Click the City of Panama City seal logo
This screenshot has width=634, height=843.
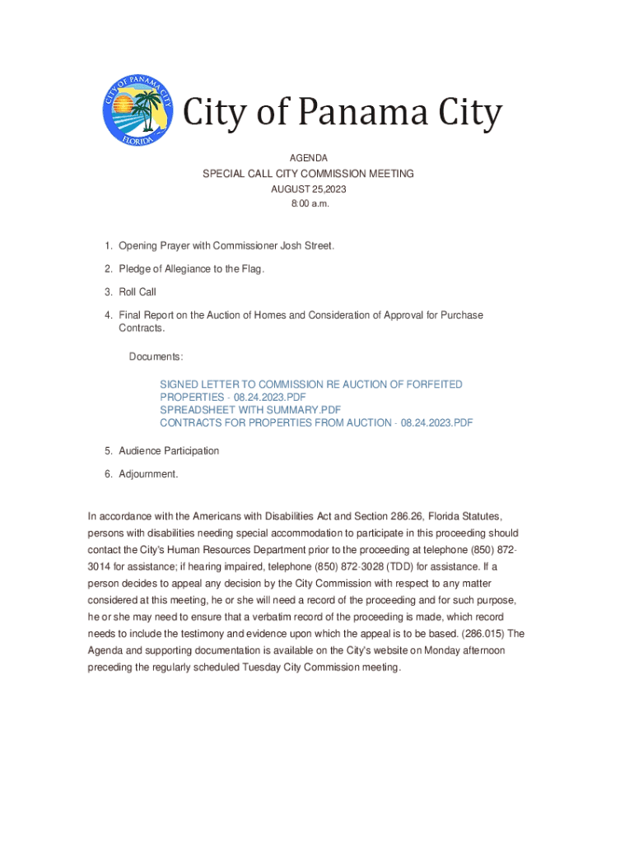138,113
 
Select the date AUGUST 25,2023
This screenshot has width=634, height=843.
309,189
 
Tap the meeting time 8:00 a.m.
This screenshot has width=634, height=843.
309,203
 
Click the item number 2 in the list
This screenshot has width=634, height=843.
108,268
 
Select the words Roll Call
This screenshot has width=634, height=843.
138,291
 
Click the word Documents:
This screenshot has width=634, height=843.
156,356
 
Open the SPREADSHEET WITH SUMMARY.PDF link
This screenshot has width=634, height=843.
250,409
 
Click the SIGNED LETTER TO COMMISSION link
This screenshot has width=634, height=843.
311,384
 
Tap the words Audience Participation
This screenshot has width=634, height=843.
169,450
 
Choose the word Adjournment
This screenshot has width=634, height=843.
148,473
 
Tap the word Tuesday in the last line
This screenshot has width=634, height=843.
261,667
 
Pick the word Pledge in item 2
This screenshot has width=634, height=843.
134,268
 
